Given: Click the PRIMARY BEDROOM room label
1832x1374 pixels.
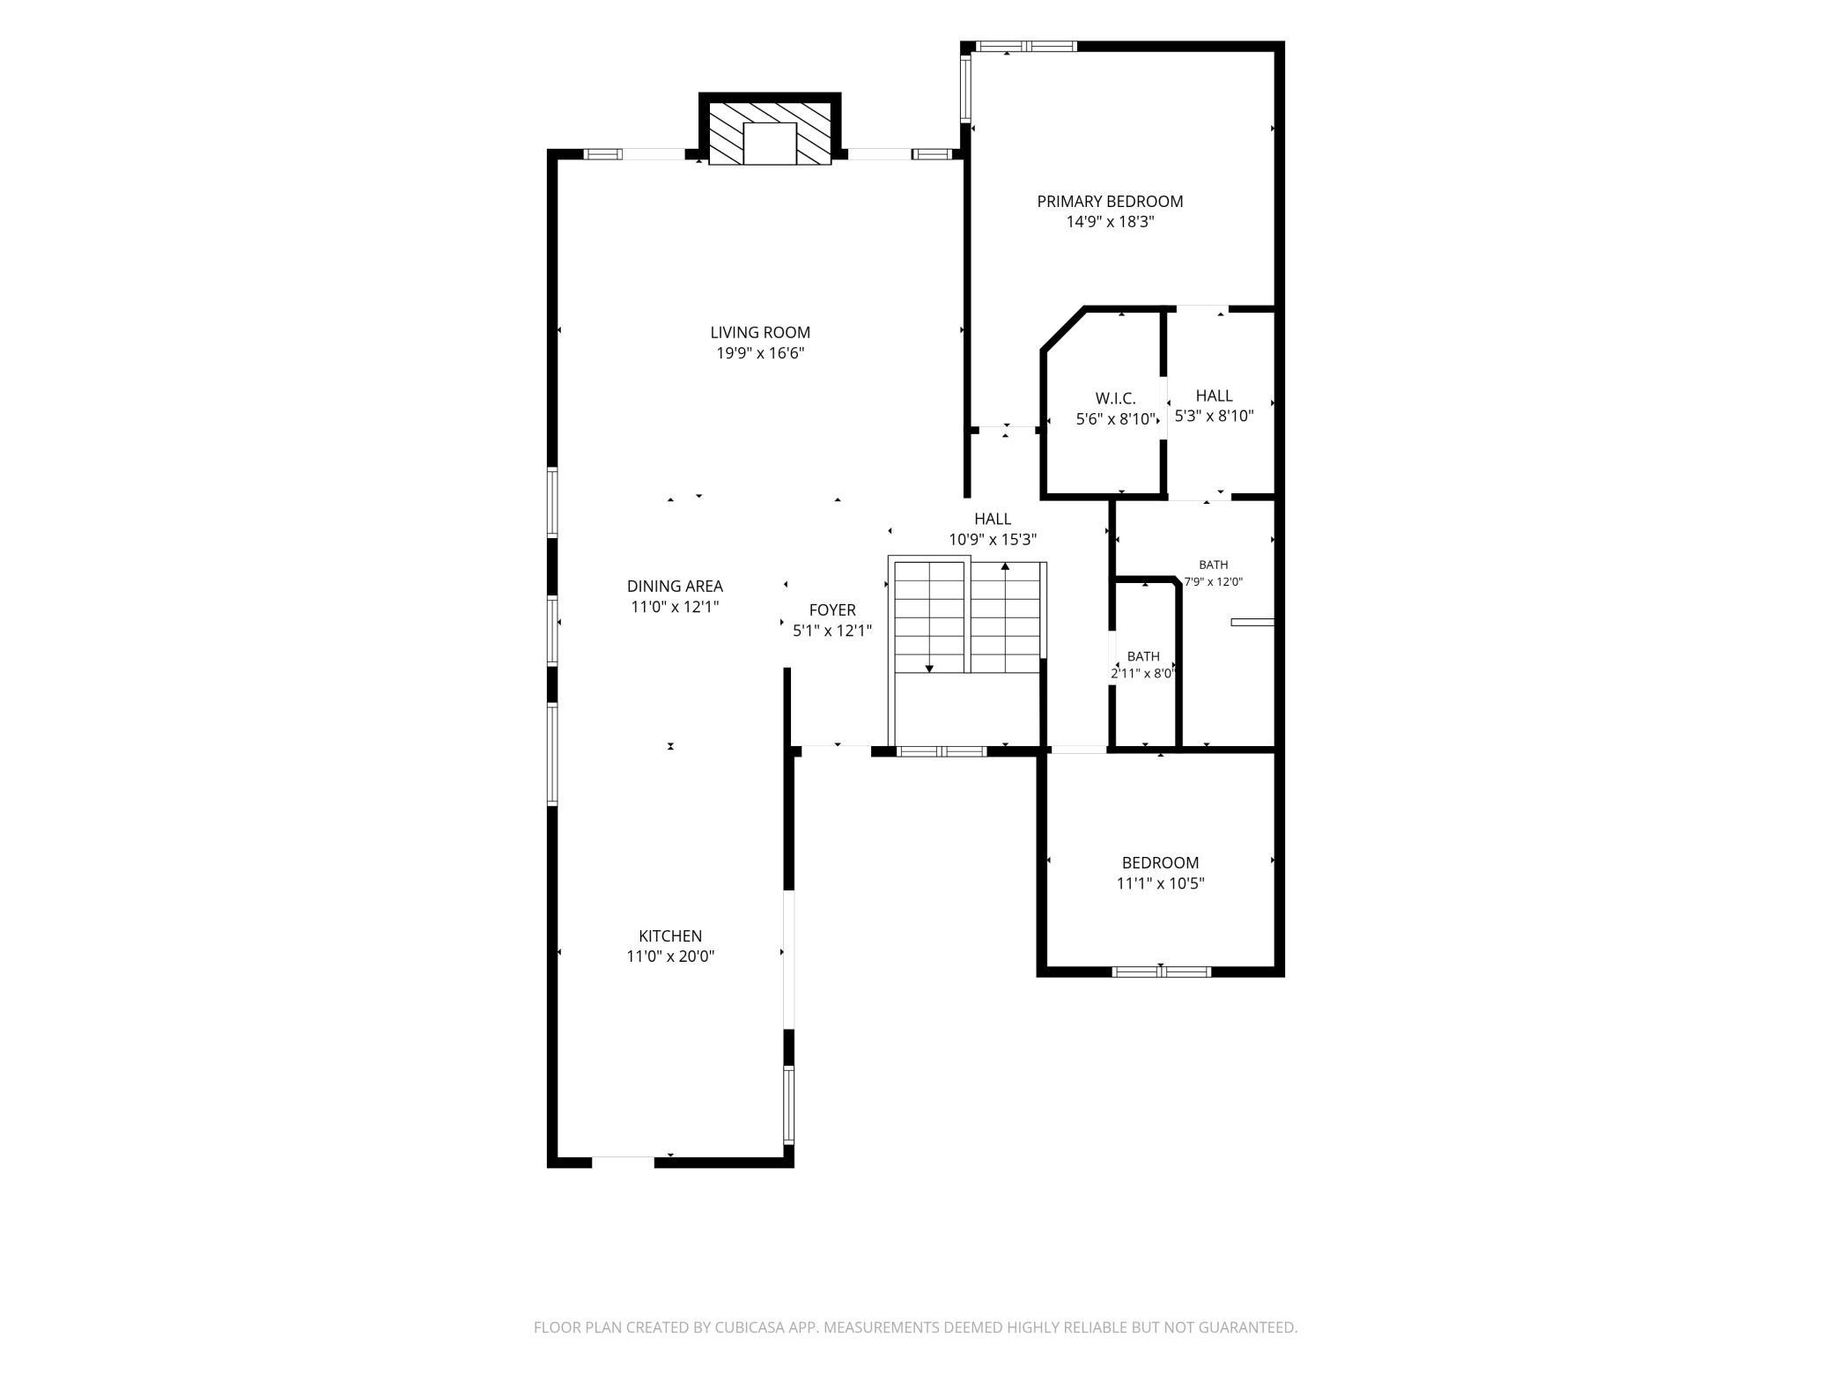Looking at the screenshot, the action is [x=1110, y=202].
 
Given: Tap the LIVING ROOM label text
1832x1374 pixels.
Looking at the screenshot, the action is [x=760, y=333].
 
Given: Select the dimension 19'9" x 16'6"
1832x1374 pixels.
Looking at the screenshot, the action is [x=760, y=354].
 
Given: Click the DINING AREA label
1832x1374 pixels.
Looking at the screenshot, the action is [x=675, y=587].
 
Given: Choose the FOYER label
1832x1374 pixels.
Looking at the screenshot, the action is [x=832, y=610].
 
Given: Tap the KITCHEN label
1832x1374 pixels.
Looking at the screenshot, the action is [x=670, y=936].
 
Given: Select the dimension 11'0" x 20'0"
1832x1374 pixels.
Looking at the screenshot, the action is [x=670, y=957].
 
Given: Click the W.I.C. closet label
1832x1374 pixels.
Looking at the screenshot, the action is [x=1115, y=399].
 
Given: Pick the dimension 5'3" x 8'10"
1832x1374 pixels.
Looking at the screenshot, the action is [x=1214, y=417].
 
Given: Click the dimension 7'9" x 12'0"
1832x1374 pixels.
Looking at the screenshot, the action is [x=1214, y=582].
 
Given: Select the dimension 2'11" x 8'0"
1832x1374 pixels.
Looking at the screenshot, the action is [x=1143, y=674].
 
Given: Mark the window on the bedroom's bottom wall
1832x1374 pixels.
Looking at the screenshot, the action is [x=1161, y=972].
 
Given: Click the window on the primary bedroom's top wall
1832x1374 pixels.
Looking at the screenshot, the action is [x=1025, y=47].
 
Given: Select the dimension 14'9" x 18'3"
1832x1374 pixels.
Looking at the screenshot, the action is [x=1110, y=223].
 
